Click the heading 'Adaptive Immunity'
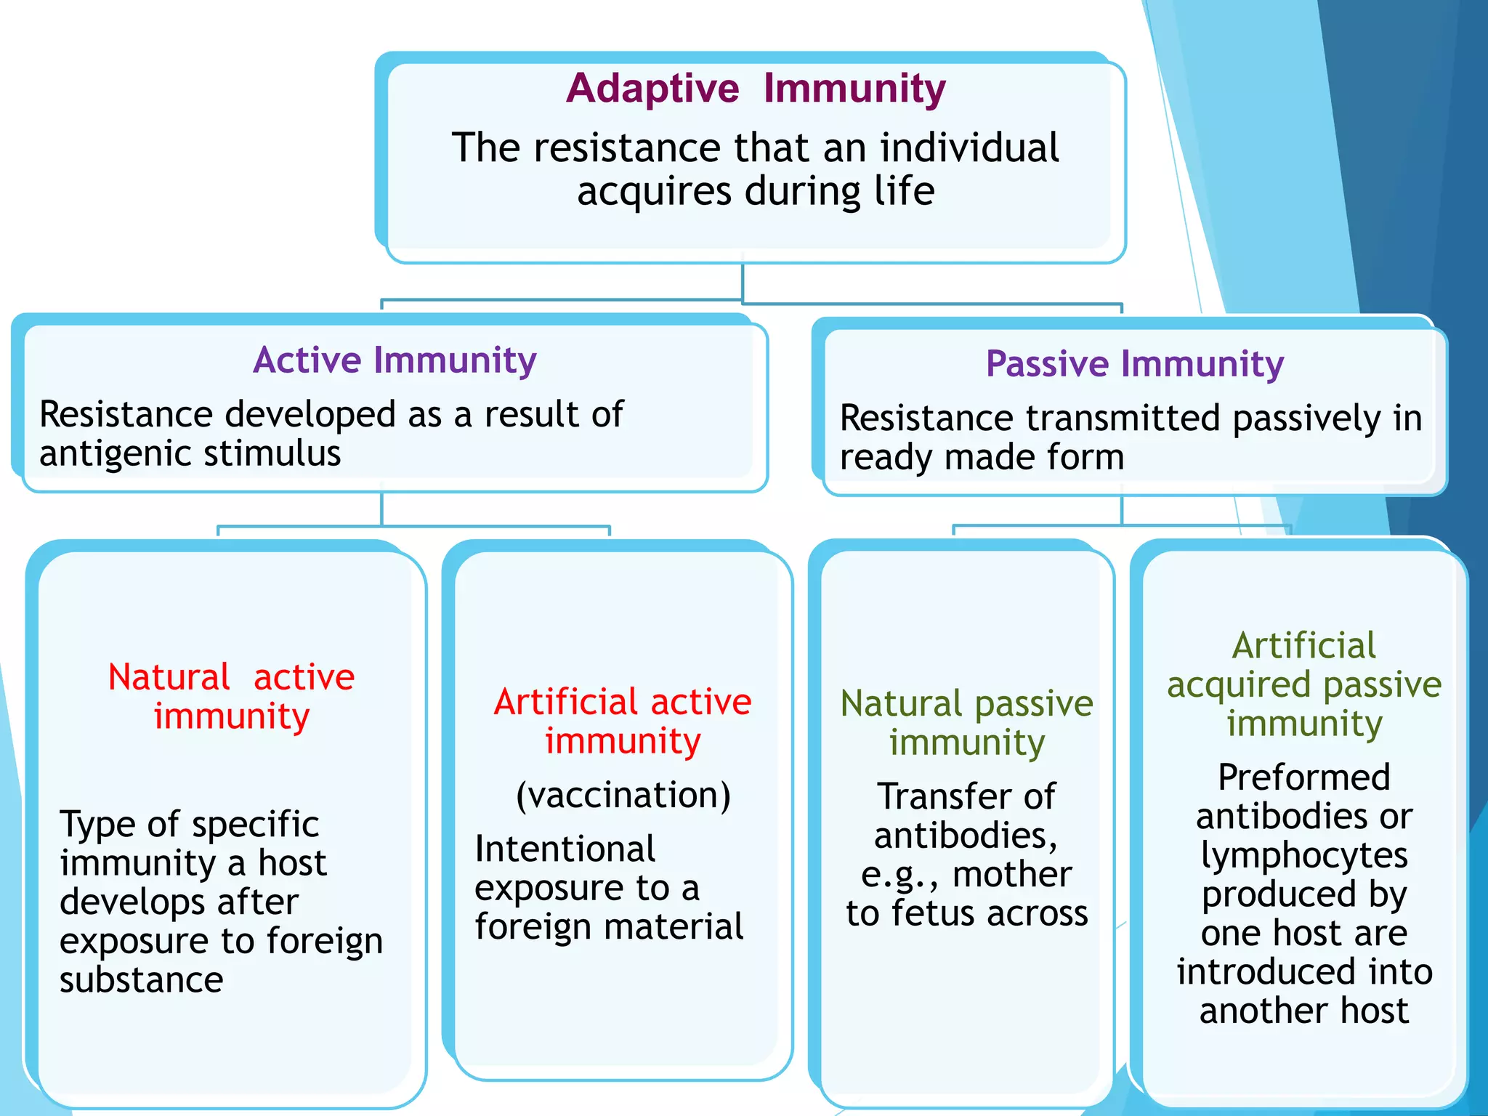[x=756, y=89]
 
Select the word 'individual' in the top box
[x=969, y=148]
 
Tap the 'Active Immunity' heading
[x=395, y=360]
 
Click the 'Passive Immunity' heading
[x=1134, y=364]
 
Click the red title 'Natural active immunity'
[x=231, y=696]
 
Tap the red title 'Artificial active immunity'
[x=623, y=721]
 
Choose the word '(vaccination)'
[x=623, y=795]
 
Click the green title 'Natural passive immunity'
[x=966, y=723]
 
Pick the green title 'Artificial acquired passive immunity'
[x=1304, y=684]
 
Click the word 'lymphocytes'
[x=1304, y=855]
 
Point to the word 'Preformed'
[x=1304, y=777]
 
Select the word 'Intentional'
[x=565, y=849]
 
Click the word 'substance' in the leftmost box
[x=141, y=980]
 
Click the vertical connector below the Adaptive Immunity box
[x=743, y=282]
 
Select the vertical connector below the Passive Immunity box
[x=1122, y=511]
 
